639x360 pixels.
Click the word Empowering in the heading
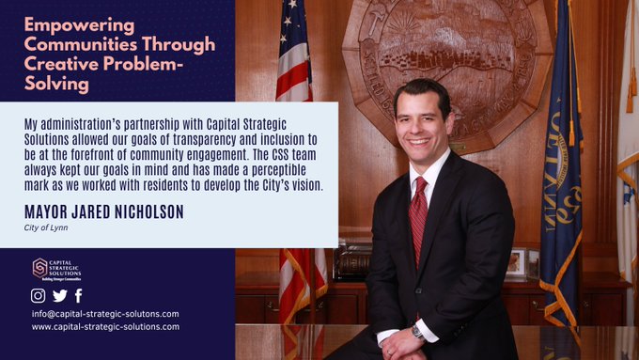[66, 23]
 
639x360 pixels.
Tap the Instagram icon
[39, 295]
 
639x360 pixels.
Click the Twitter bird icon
[59, 295]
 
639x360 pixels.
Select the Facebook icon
[78, 295]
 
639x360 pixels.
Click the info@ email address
[104, 313]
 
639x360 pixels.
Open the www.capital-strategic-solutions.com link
[104, 327]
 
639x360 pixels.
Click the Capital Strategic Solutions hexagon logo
[40, 268]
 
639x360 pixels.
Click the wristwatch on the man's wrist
[416, 332]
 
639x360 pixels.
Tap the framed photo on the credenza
[514, 260]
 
